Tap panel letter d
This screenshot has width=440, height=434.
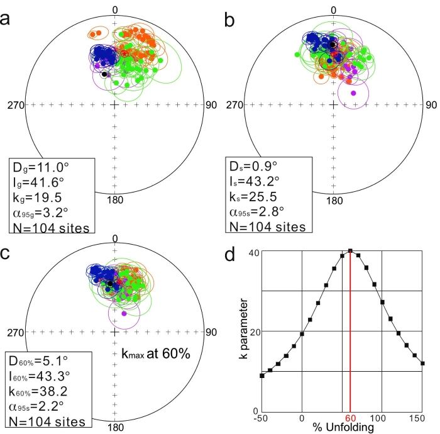231,246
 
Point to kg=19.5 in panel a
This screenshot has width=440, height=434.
36,197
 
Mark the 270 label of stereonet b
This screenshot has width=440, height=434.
234,104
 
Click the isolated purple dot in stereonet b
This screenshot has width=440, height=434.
353,93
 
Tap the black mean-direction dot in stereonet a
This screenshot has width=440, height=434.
104,74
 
